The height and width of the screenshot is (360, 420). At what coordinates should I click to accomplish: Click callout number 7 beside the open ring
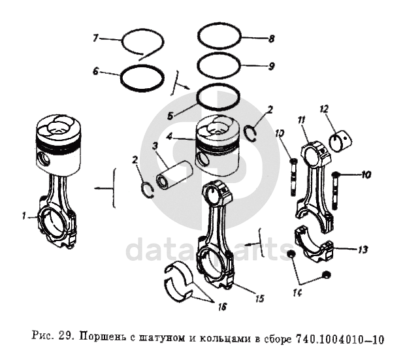pyautogui.click(x=96, y=38)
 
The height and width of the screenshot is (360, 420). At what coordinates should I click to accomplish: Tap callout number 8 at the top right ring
pyautogui.click(x=271, y=39)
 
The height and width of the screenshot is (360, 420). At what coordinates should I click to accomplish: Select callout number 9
pyautogui.click(x=271, y=66)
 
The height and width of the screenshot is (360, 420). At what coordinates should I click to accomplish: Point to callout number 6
pyautogui.click(x=96, y=71)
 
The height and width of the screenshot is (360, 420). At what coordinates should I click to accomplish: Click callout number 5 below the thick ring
pyautogui.click(x=170, y=116)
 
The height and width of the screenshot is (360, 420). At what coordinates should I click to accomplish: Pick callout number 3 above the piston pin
pyautogui.click(x=155, y=146)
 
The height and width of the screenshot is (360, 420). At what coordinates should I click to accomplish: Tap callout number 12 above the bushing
pyautogui.click(x=325, y=108)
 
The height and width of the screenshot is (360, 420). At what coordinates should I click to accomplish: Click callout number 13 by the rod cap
pyautogui.click(x=363, y=250)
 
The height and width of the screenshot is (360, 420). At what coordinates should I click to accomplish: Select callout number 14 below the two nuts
pyautogui.click(x=297, y=293)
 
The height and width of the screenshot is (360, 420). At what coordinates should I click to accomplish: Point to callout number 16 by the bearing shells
pyautogui.click(x=222, y=306)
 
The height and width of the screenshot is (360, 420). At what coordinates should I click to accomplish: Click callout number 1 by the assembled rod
pyautogui.click(x=24, y=216)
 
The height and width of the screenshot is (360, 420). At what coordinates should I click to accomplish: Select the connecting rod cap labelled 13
pyautogui.click(x=314, y=244)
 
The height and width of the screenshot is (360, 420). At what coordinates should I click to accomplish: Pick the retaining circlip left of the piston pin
pyautogui.click(x=147, y=189)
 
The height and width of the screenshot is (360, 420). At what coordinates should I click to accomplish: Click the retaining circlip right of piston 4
pyautogui.click(x=251, y=133)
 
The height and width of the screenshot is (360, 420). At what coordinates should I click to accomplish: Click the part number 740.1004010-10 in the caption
pyautogui.click(x=340, y=339)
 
